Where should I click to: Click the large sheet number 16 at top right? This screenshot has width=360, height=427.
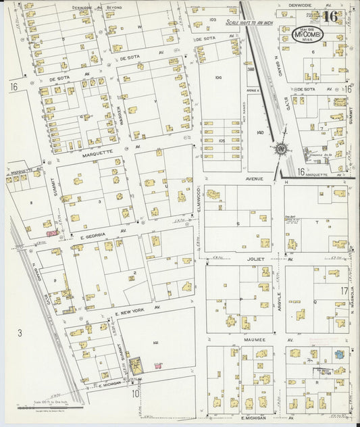coord(331,17)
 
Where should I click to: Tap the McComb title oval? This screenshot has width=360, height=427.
coord(309,35)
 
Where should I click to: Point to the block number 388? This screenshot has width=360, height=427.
coord(251,70)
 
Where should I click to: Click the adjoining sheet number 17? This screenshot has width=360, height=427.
coord(344,291)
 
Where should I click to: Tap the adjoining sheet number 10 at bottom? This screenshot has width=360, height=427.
coord(136,393)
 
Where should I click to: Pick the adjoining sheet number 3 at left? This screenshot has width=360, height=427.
coord(20,332)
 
